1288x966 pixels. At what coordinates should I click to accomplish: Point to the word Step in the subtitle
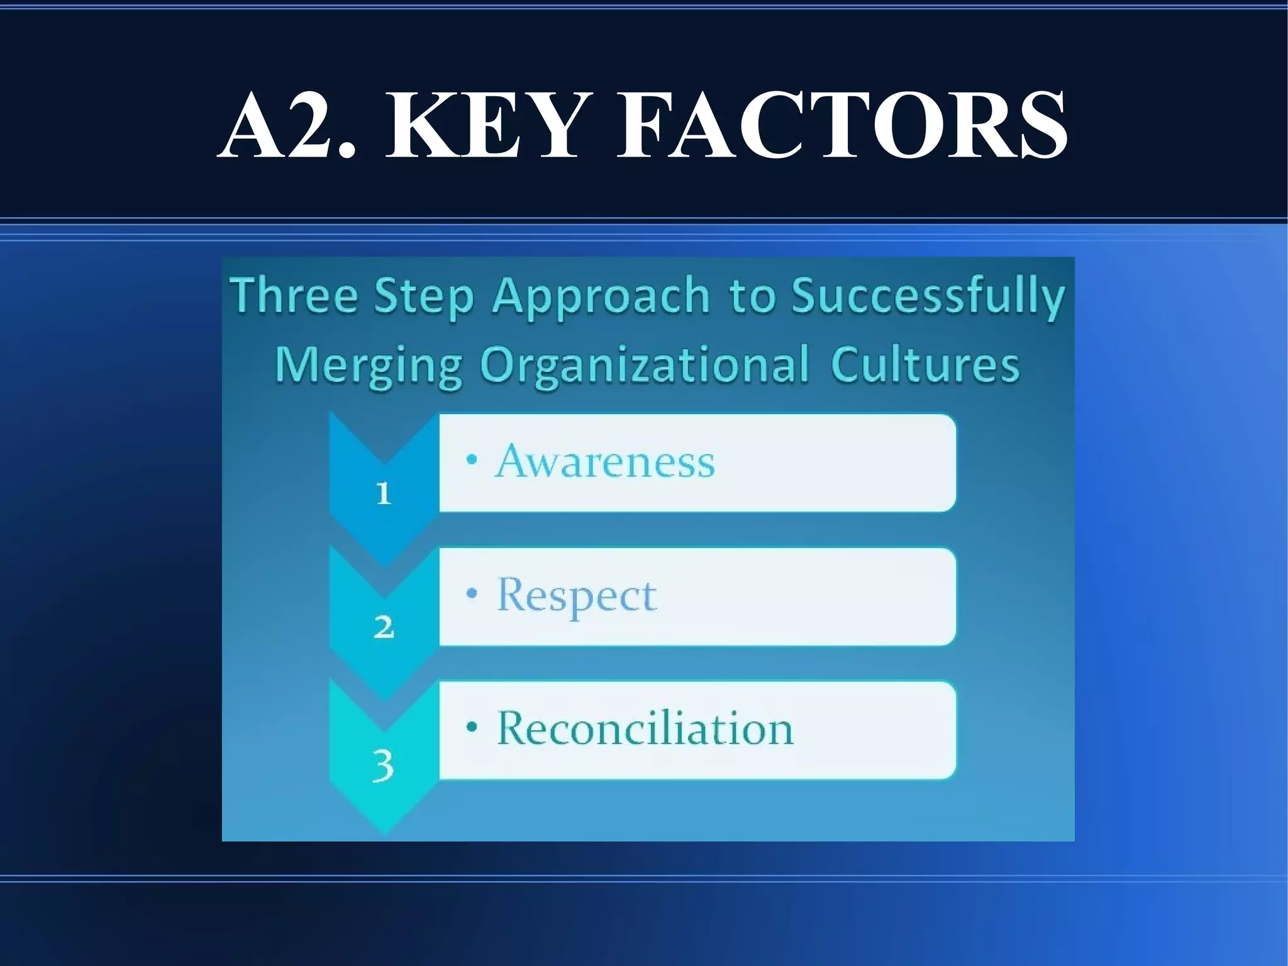click(x=423, y=296)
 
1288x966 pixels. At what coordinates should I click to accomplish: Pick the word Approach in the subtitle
click(x=601, y=296)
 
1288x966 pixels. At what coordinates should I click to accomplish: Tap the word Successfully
click(x=928, y=296)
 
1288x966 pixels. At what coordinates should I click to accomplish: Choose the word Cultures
click(x=924, y=364)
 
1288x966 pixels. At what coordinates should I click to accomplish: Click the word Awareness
click(x=605, y=461)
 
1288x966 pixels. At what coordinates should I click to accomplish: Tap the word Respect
click(x=577, y=595)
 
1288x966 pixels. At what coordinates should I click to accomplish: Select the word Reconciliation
click(x=645, y=729)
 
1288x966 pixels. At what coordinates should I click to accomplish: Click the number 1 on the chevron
click(x=383, y=493)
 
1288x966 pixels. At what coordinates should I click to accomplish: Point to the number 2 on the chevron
click(x=384, y=627)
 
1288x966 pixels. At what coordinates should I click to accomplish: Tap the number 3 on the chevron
click(x=383, y=765)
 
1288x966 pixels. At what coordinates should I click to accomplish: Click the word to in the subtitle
click(x=750, y=296)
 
